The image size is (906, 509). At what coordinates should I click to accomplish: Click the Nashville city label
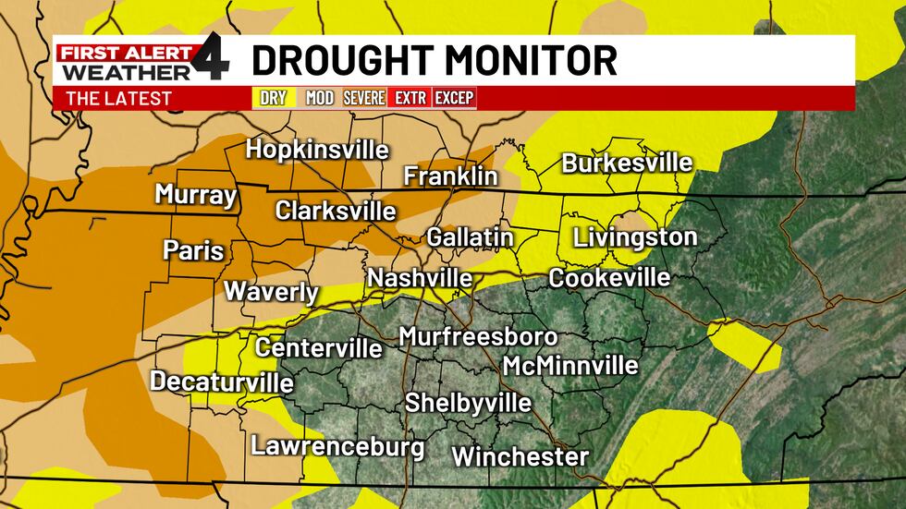point(420,278)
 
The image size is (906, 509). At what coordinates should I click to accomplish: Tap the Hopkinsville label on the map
point(317,150)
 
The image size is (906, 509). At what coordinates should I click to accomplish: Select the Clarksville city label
point(336,210)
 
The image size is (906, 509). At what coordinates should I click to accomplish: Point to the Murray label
point(196,195)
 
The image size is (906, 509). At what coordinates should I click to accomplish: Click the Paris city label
point(193,249)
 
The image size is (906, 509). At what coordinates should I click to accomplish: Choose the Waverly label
point(271,292)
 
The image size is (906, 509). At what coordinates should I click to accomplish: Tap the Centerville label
point(318,347)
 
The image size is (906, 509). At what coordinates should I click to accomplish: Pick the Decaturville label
point(222,382)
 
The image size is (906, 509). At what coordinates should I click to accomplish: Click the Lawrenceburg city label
point(337,447)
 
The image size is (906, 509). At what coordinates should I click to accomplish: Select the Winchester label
point(520,456)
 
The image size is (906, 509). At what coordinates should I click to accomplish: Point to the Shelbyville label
point(468,403)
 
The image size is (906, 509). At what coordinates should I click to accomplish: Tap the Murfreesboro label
point(478,337)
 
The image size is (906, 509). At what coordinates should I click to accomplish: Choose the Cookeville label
point(608,278)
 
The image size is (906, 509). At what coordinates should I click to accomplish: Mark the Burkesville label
point(627,164)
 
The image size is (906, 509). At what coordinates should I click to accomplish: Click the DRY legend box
point(273,98)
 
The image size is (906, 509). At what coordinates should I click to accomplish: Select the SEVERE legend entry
point(364,98)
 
